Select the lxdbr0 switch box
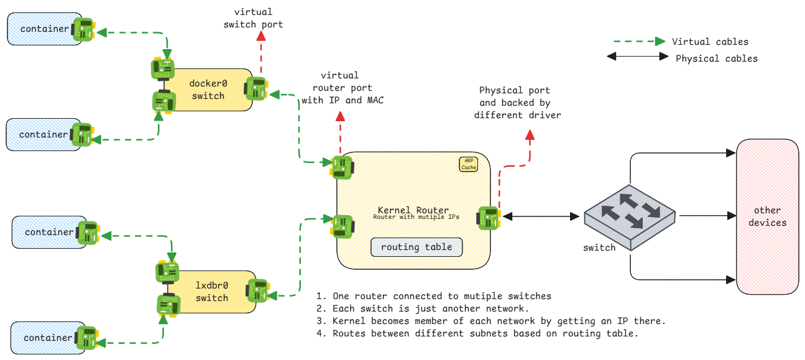click(x=212, y=292)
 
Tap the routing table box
click(x=416, y=247)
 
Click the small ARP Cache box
click(x=469, y=164)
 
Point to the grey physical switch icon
click(x=629, y=215)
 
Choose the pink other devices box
click(x=767, y=216)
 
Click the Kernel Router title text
click(x=413, y=210)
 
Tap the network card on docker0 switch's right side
click(x=257, y=88)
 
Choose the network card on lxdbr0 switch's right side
click(x=259, y=290)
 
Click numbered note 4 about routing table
click(x=477, y=333)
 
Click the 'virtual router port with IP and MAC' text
click(x=342, y=88)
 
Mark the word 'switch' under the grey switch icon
click(x=599, y=247)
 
